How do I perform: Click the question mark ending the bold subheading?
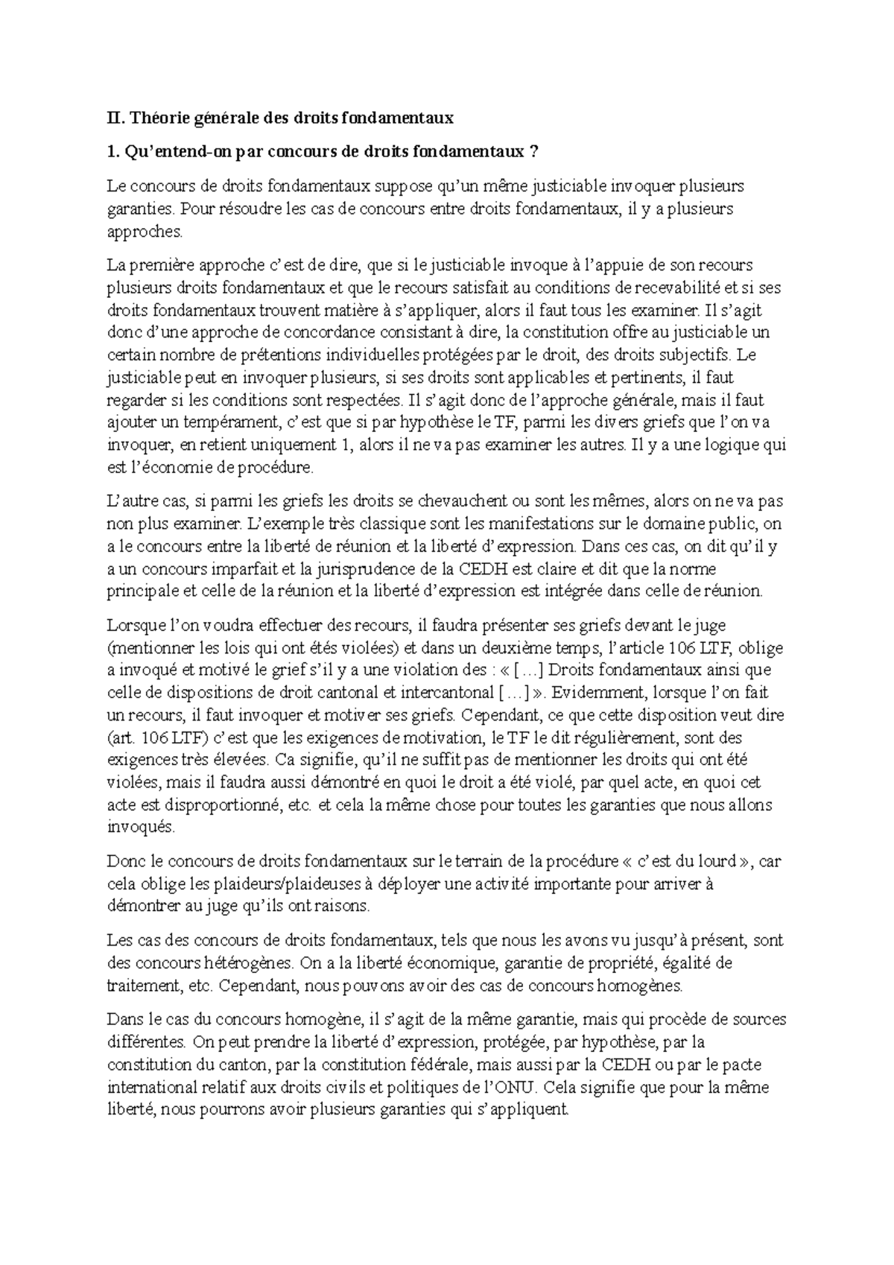(532, 152)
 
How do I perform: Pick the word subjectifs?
(686, 355)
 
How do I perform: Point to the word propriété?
(624, 963)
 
